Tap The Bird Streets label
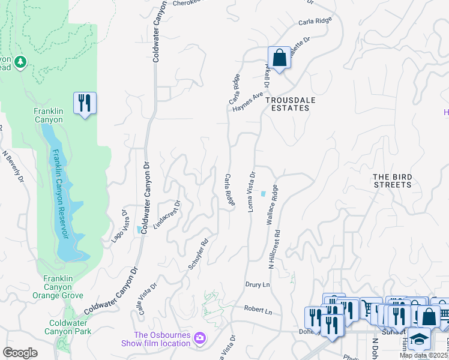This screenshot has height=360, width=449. [x=392, y=181]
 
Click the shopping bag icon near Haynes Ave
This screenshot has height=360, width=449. [x=279, y=59]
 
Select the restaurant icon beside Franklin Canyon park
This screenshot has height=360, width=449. [x=85, y=103]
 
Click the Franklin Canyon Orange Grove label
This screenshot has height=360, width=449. [x=64, y=287]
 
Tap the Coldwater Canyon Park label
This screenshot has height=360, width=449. [x=69, y=326]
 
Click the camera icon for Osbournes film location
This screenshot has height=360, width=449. [x=199, y=340]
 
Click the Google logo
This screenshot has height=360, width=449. [x=20, y=352]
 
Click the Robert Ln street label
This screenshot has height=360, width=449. [x=258, y=311]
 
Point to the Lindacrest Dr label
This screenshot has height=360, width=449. [x=167, y=215]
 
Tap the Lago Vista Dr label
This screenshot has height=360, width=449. [x=119, y=226]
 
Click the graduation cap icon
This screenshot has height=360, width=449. [x=419, y=339]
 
